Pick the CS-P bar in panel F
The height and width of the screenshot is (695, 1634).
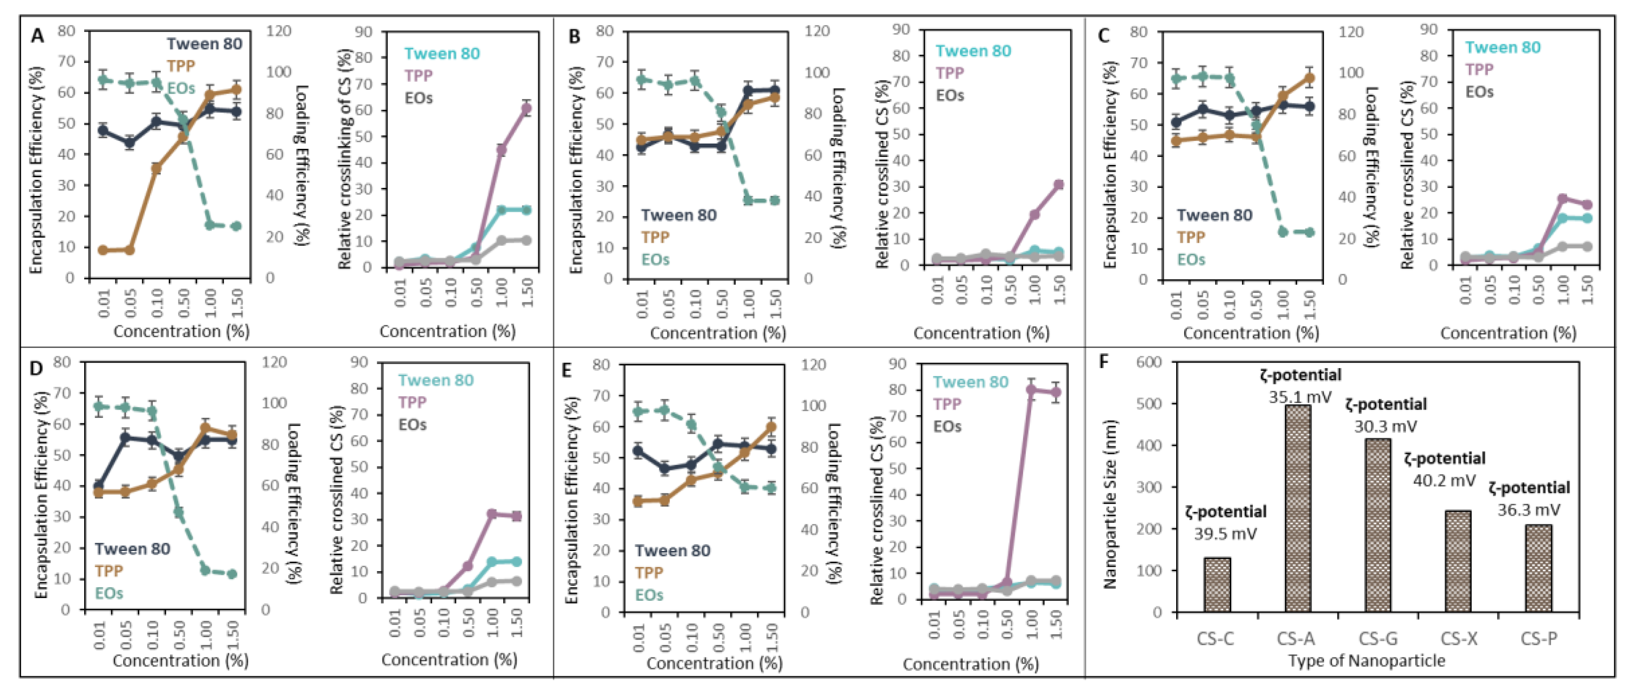pyautogui.click(x=1538, y=568)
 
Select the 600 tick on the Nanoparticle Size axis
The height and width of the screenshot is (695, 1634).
pyautogui.click(x=1149, y=362)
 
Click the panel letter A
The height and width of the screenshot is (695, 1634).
pyautogui.click(x=38, y=36)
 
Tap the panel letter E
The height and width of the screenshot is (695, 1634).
pyautogui.click(x=567, y=370)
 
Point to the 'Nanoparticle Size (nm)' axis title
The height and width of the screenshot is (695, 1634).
pyautogui.click(x=1109, y=504)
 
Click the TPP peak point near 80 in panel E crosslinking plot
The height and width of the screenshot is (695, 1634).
pyautogui.click(x=1032, y=390)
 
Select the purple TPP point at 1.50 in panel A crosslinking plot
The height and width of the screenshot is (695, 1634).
pyautogui.click(x=526, y=108)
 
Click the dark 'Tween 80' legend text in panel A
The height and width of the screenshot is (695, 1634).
pyautogui.click(x=204, y=44)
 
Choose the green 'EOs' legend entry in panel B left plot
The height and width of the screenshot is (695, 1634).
pyautogui.click(x=655, y=259)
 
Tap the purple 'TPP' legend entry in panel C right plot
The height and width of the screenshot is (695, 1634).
pyautogui.click(x=1479, y=69)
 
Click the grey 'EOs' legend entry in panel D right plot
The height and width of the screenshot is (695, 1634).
pyautogui.click(x=412, y=424)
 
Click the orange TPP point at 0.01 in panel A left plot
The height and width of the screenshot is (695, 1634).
pyautogui.click(x=103, y=250)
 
